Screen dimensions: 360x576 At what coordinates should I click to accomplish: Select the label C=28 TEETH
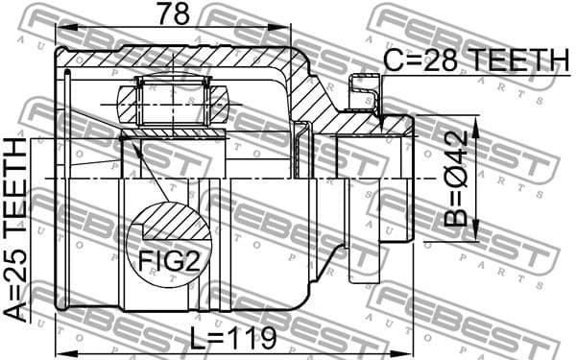475,61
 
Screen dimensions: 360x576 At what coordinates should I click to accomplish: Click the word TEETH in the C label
516,61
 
